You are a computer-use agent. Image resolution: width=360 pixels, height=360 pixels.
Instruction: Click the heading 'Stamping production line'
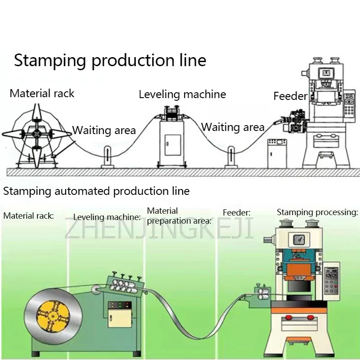tap(110, 60)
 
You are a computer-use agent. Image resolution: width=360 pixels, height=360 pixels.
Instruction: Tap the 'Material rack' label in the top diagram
tap(42, 94)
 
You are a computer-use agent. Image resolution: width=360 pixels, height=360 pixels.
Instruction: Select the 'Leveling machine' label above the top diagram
tap(182, 94)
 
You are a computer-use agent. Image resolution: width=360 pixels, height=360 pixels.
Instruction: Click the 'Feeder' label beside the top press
tap(290, 96)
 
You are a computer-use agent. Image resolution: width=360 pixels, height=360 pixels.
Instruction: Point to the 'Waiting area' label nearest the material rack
tap(104, 130)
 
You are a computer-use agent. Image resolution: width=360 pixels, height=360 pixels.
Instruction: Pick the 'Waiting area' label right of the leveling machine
tap(233, 127)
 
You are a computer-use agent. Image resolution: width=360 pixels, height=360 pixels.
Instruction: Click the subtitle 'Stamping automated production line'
tap(96, 191)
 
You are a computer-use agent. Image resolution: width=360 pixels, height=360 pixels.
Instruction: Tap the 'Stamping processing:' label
tap(317, 212)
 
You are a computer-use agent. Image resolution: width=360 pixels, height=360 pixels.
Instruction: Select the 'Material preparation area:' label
tap(179, 216)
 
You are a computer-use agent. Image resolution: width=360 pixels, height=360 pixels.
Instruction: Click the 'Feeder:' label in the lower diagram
tap(237, 212)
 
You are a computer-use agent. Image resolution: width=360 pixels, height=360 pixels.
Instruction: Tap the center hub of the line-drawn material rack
tap(36, 133)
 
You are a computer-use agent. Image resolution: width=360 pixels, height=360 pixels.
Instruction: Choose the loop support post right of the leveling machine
tap(231, 157)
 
